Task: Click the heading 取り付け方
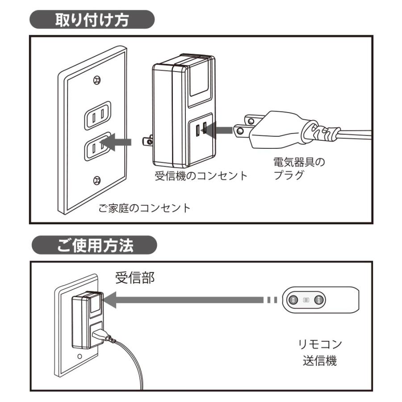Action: click(92, 21)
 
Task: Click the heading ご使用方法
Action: click(94, 245)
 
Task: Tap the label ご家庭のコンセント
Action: click(144, 208)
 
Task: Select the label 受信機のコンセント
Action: click(201, 175)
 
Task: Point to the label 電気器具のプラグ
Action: click(298, 168)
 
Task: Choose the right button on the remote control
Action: click(318, 300)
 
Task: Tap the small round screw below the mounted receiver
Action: click(80, 356)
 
